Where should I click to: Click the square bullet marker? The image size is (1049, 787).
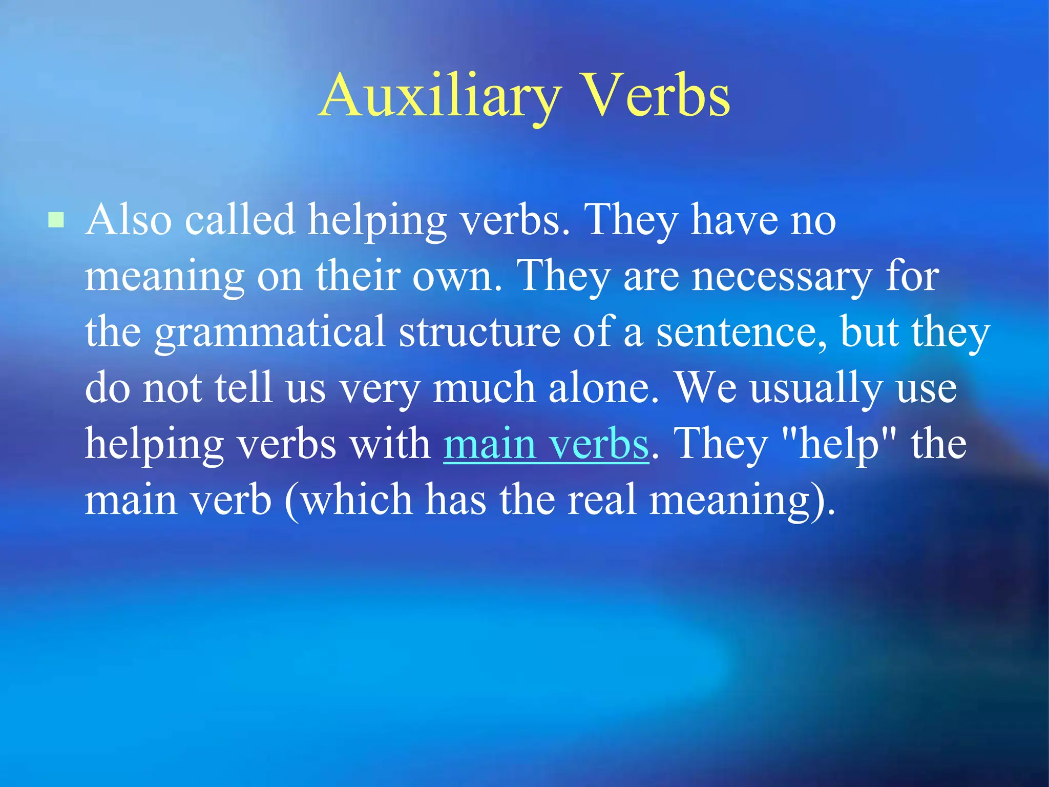(56, 220)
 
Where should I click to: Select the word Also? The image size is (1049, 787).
(129, 220)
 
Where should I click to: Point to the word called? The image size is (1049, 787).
(240, 220)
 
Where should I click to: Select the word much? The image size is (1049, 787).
(484, 388)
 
